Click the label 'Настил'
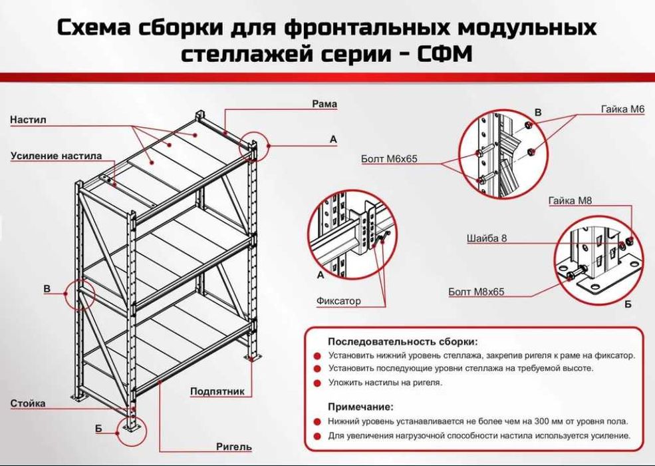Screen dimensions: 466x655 [28, 120]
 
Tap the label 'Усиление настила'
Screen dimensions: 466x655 [56, 156]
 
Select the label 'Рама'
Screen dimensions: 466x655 [325, 104]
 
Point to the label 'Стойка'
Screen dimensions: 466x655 [28, 403]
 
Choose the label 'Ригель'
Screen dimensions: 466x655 [233, 447]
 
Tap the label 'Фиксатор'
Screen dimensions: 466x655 [338, 301]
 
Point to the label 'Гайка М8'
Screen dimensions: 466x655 [570, 200]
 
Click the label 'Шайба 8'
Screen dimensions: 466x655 [488, 238]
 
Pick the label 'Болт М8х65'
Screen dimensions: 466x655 [477, 292]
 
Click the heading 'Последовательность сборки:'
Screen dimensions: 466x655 [402, 342]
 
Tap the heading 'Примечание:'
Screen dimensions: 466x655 [360, 406]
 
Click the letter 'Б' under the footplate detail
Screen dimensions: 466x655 [628, 304]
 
